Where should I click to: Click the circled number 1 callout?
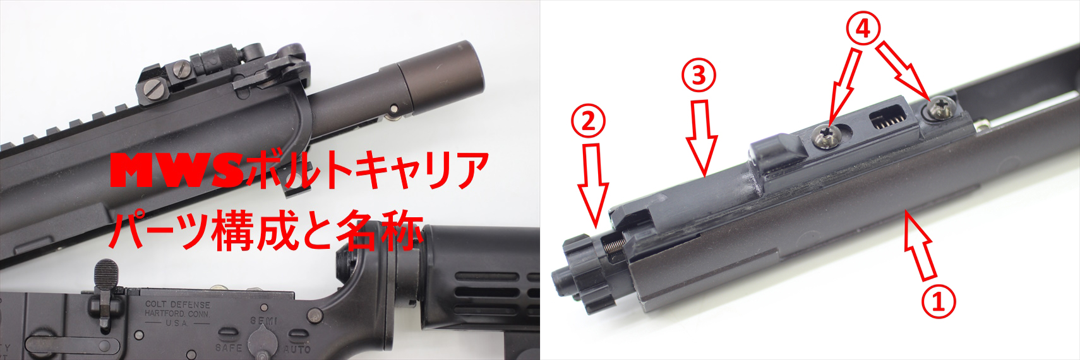(x=939, y=301)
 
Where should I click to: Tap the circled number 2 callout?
(x=588, y=122)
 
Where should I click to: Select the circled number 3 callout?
(x=699, y=76)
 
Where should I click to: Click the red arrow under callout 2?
(x=594, y=186)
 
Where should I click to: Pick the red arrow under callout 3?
(x=702, y=138)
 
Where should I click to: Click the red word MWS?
(x=176, y=171)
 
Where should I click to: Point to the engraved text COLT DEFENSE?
(x=177, y=304)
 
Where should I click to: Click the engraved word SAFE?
(x=229, y=347)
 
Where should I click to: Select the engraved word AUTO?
(x=297, y=349)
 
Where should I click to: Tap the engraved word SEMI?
(x=263, y=320)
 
